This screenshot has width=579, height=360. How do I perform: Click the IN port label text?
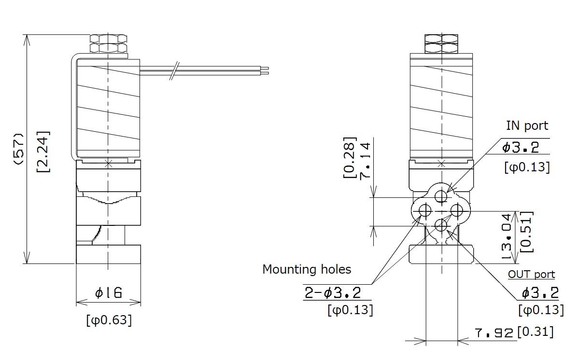point(527,125)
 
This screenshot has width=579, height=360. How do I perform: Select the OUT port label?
point(531,275)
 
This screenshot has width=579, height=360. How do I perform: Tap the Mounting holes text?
point(307,269)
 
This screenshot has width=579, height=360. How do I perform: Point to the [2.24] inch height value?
point(43,151)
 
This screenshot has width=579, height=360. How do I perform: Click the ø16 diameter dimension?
point(108,292)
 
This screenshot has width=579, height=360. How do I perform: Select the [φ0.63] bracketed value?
point(109,320)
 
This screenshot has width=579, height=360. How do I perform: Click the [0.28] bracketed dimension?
point(350,158)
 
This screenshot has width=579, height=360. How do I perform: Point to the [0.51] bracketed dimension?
point(527,232)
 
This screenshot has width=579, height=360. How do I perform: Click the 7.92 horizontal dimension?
point(494,333)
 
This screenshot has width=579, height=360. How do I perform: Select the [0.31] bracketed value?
point(535,332)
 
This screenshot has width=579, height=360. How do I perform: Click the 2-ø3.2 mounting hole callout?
point(332,292)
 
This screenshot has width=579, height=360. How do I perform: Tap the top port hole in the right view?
point(441,196)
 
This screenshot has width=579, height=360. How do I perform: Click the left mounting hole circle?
point(425,210)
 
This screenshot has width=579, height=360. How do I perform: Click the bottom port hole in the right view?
point(441,225)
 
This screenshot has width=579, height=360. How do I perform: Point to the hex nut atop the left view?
point(109,44)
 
